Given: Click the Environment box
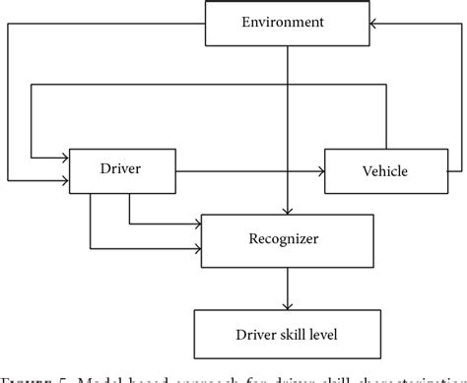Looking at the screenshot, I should [288, 23].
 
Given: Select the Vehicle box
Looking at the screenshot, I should [385, 171].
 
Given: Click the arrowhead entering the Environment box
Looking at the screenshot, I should [376, 23].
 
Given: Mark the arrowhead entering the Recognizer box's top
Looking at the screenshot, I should [287, 209].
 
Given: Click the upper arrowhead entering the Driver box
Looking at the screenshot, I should [64, 154].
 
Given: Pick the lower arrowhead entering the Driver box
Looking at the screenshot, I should [64, 181].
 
